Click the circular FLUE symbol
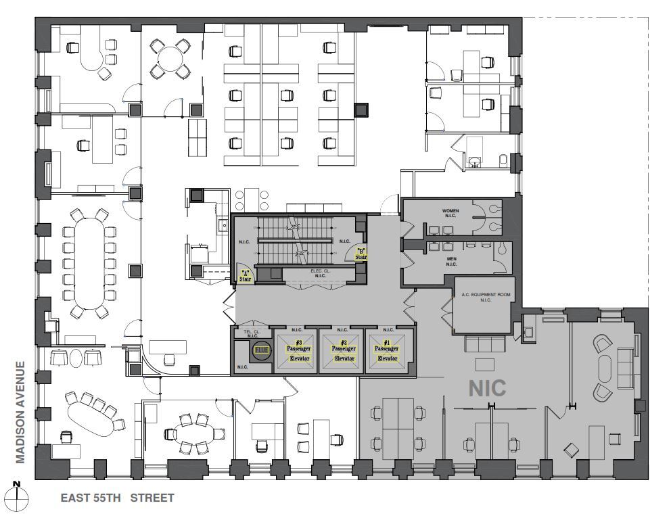[x=261, y=350]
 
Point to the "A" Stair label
[x=244, y=276]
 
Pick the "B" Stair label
[x=361, y=253]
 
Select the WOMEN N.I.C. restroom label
[x=450, y=213]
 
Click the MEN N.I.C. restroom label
[x=451, y=261]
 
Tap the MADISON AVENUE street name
[x=20, y=413]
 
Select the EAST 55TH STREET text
[x=117, y=498]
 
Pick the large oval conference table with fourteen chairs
[x=88, y=263]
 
